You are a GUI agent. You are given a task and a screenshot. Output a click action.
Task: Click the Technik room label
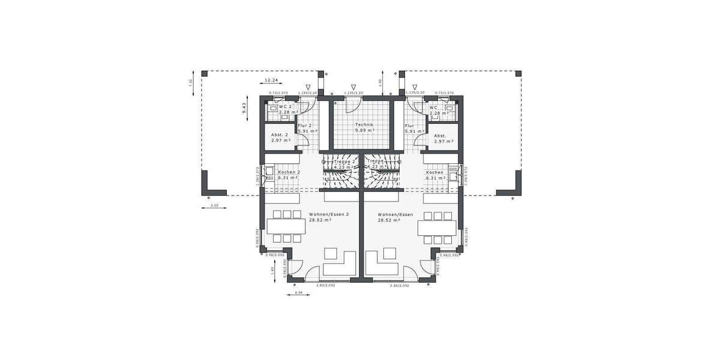(x=364, y=124)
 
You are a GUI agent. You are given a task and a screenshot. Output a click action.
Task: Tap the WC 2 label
(x=285, y=107)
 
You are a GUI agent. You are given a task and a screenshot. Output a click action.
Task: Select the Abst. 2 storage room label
(x=280, y=135)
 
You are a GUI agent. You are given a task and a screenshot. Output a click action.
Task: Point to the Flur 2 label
(x=306, y=125)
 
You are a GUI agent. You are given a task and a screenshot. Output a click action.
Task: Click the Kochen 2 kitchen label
(x=289, y=172)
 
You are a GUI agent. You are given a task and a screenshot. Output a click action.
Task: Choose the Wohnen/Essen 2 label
(x=329, y=214)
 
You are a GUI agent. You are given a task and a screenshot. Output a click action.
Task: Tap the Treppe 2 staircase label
(x=345, y=161)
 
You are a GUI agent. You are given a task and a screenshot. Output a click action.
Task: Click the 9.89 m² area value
(x=364, y=130)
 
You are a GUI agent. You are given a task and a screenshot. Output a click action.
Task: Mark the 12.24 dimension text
(x=272, y=80)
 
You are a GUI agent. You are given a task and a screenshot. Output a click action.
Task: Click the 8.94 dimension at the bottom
(x=299, y=293)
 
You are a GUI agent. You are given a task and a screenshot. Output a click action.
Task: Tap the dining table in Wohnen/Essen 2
(x=282, y=227)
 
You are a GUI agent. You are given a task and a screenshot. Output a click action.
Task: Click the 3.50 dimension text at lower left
(x=214, y=206)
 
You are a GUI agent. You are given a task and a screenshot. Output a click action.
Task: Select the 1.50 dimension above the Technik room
(x=380, y=82)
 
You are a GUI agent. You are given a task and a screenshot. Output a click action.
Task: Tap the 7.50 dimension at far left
(x=191, y=83)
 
